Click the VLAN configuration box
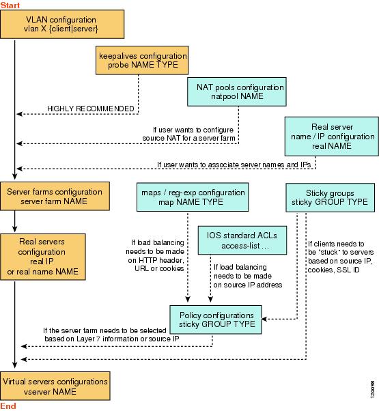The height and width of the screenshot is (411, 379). coord(62,24)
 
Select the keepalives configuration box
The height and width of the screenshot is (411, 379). coord(142,60)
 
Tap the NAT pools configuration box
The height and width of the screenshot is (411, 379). coord(237,91)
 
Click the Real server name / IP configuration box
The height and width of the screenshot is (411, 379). coord(332,137)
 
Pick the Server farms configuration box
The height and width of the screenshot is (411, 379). coord(55,196)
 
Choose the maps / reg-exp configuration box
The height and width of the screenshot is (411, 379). coord(193,197)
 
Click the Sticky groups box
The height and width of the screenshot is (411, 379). coord(330,197)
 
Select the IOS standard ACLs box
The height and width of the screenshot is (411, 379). coord(242,240)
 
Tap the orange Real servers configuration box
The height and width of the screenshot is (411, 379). coord(43,257)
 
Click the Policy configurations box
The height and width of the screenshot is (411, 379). coord(216,320)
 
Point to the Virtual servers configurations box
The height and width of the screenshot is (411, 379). coord(55,386)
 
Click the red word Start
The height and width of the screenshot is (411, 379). coord(10,5)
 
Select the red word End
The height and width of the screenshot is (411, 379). coord(8,406)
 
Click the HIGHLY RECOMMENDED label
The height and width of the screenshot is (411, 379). coord(91,109)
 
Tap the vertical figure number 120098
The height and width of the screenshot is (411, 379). coord(372,390)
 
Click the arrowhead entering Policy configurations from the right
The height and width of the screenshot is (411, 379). coord(264,319)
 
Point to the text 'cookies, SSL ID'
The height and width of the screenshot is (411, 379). coord(333,270)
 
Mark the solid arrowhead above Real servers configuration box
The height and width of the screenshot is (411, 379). coord(14,229)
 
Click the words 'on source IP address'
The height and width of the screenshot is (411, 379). coord(248,285)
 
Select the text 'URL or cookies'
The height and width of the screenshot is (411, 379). coord(159,268)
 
